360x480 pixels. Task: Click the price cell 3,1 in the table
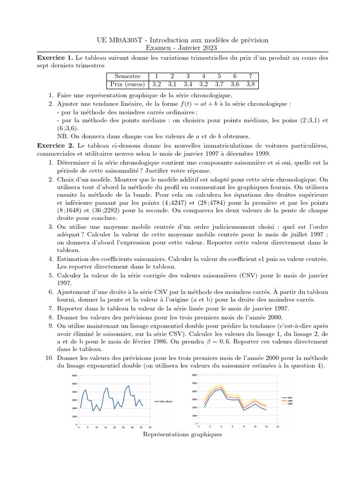click(172, 84)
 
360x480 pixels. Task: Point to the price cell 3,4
click(188, 84)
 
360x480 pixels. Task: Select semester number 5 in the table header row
click(219, 76)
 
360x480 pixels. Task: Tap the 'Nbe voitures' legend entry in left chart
click(165, 401)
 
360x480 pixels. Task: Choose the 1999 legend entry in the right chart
click(290, 404)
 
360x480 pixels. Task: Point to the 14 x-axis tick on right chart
click(278, 427)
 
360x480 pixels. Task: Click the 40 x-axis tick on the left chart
click(150, 427)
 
